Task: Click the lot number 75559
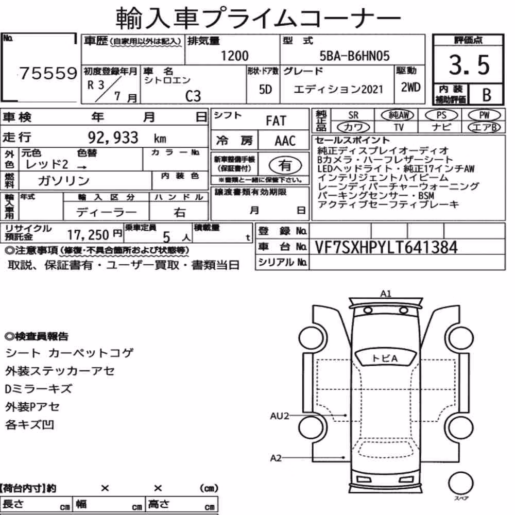click(x=48, y=73)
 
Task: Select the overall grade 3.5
click(x=469, y=65)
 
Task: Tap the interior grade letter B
click(x=487, y=95)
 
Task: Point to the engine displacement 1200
click(x=234, y=56)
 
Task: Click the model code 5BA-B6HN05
click(x=355, y=56)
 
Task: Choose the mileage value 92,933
click(x=113, y=138)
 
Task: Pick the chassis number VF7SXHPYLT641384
click(x=386, y=247)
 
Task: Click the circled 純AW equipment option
click(x=398, y=115)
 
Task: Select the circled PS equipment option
click(x=441, y=115)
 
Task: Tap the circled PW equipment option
click(x=484, y=115)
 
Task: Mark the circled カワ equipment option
click(x=353, y=127)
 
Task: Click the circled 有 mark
click(x=285, y=165)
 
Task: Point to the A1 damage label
click(x=386, y=294)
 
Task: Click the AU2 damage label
click(x=279, y=416)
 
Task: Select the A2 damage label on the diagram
click(x=276, y=457)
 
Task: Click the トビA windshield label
click(x=385, y=358)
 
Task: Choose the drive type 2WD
click(x=410, y=88)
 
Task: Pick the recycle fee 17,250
click(x=88, y=235)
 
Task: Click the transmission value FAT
click(x=276, y=121)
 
